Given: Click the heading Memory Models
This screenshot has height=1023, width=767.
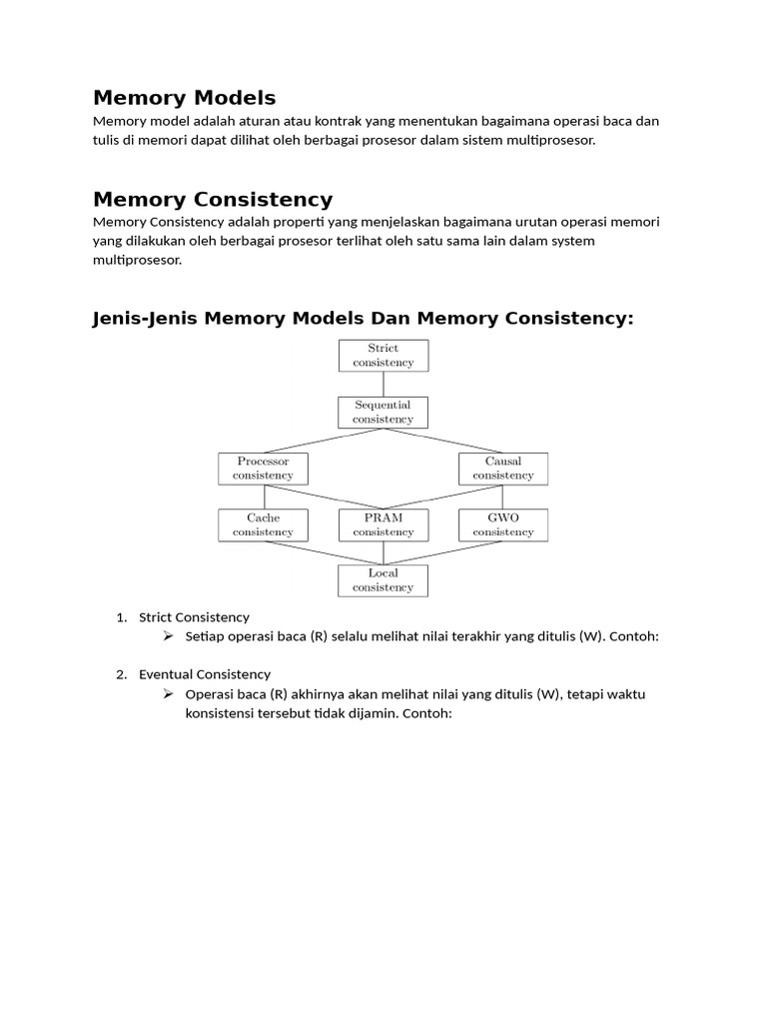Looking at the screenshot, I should pos(184,98).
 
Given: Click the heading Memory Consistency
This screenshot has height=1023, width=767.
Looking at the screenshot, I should pos(212,200).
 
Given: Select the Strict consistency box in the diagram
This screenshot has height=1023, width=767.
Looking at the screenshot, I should pos(383,356).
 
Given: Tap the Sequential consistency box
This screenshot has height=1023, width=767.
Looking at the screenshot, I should pos(383,413).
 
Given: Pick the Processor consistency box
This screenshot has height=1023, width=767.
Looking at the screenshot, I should pos(263,469).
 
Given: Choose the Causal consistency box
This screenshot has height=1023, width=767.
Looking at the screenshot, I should pos(502,469).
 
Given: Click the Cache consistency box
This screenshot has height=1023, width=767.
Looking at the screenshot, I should pos(263,524).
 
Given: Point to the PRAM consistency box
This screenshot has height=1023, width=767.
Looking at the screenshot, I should pos(383,524).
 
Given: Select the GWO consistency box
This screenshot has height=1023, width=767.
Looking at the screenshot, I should pos(502,524).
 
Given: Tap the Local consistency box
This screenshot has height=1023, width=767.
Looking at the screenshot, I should pos(383,580).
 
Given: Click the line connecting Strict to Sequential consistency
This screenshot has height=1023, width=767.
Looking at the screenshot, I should pos(383,384).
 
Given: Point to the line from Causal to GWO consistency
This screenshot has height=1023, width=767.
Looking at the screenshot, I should pos(502,497).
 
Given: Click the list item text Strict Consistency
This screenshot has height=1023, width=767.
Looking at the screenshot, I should pos(194,617).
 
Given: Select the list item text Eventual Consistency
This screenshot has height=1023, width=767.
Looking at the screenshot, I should pos(205,674).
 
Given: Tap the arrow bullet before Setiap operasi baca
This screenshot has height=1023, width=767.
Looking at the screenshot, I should pos(168,636).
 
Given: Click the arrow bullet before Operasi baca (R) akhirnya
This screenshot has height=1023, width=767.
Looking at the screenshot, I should pos(168,693).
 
